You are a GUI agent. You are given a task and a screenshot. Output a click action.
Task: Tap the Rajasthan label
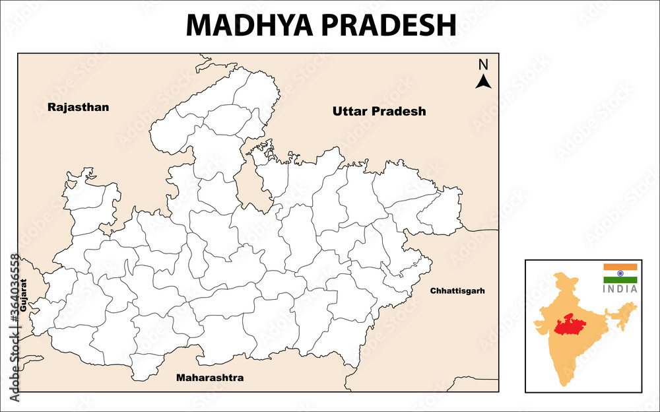tap(78, 107)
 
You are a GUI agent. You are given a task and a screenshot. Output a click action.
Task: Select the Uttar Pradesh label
tap(379, 112)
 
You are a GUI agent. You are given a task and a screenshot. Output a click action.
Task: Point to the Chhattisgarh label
tap(457, 291)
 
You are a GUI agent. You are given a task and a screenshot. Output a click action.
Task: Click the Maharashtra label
tap(209, 378)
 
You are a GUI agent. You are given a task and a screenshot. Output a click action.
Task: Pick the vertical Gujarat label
tap(23, 296)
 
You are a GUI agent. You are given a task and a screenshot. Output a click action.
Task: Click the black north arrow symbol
tap(484, 82)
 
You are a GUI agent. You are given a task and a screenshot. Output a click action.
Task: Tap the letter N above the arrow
tap(483, 65)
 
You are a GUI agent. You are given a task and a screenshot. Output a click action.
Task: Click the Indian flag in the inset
tap(620, 273)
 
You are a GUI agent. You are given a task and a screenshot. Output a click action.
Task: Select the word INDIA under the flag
tap(620, 289)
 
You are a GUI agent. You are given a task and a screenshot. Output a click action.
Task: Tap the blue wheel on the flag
tap(620, 273)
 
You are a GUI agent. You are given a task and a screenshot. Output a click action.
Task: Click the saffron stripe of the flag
tap(620, 267)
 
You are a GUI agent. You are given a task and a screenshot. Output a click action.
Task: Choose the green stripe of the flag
tap(620, 280)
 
